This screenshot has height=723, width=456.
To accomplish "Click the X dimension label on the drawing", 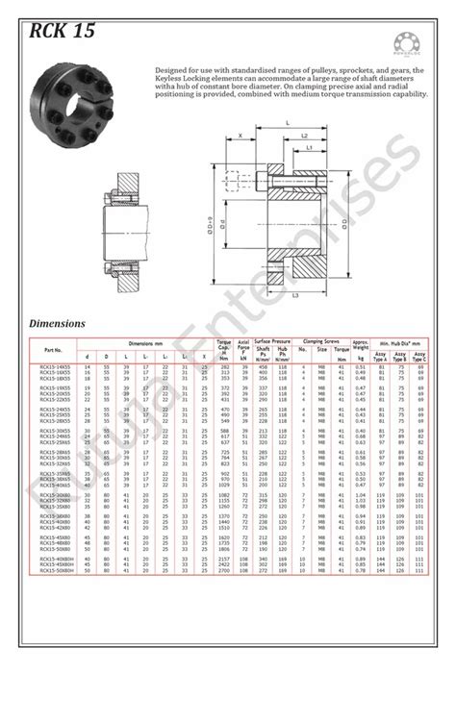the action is pyautogui.click(x=239, y=137).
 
